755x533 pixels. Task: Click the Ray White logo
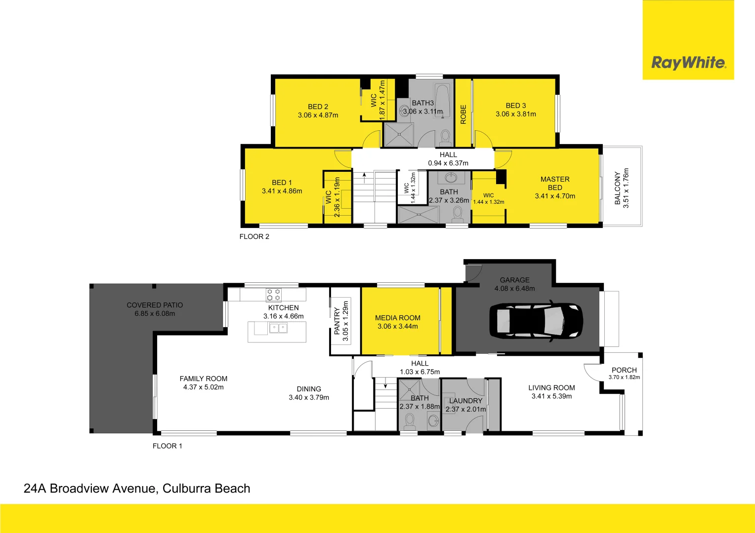coord(688,63)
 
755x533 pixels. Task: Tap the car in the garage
coord(536,321)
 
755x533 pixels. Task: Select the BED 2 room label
coord(318,107)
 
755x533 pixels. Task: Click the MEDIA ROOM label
coord(397,318)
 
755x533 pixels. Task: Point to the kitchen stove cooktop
coord(273,295)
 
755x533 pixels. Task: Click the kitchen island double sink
coord(278,328)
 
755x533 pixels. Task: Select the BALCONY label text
coord(617,188)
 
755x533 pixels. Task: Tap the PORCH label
coord(624,370)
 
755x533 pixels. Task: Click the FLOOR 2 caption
coord(254,236)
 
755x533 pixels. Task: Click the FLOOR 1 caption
coord(167,446)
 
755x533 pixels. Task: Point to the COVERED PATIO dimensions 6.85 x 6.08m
coord(155,313)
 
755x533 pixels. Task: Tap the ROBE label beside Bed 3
coord(463,114)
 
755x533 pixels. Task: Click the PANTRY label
coord(337,321)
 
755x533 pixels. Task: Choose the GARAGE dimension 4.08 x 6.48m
coord(514,288)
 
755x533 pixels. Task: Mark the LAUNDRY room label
coord(465,401)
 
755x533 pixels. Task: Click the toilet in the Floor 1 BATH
coord(409,421)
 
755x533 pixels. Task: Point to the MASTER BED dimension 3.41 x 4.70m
coord(555,196)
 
